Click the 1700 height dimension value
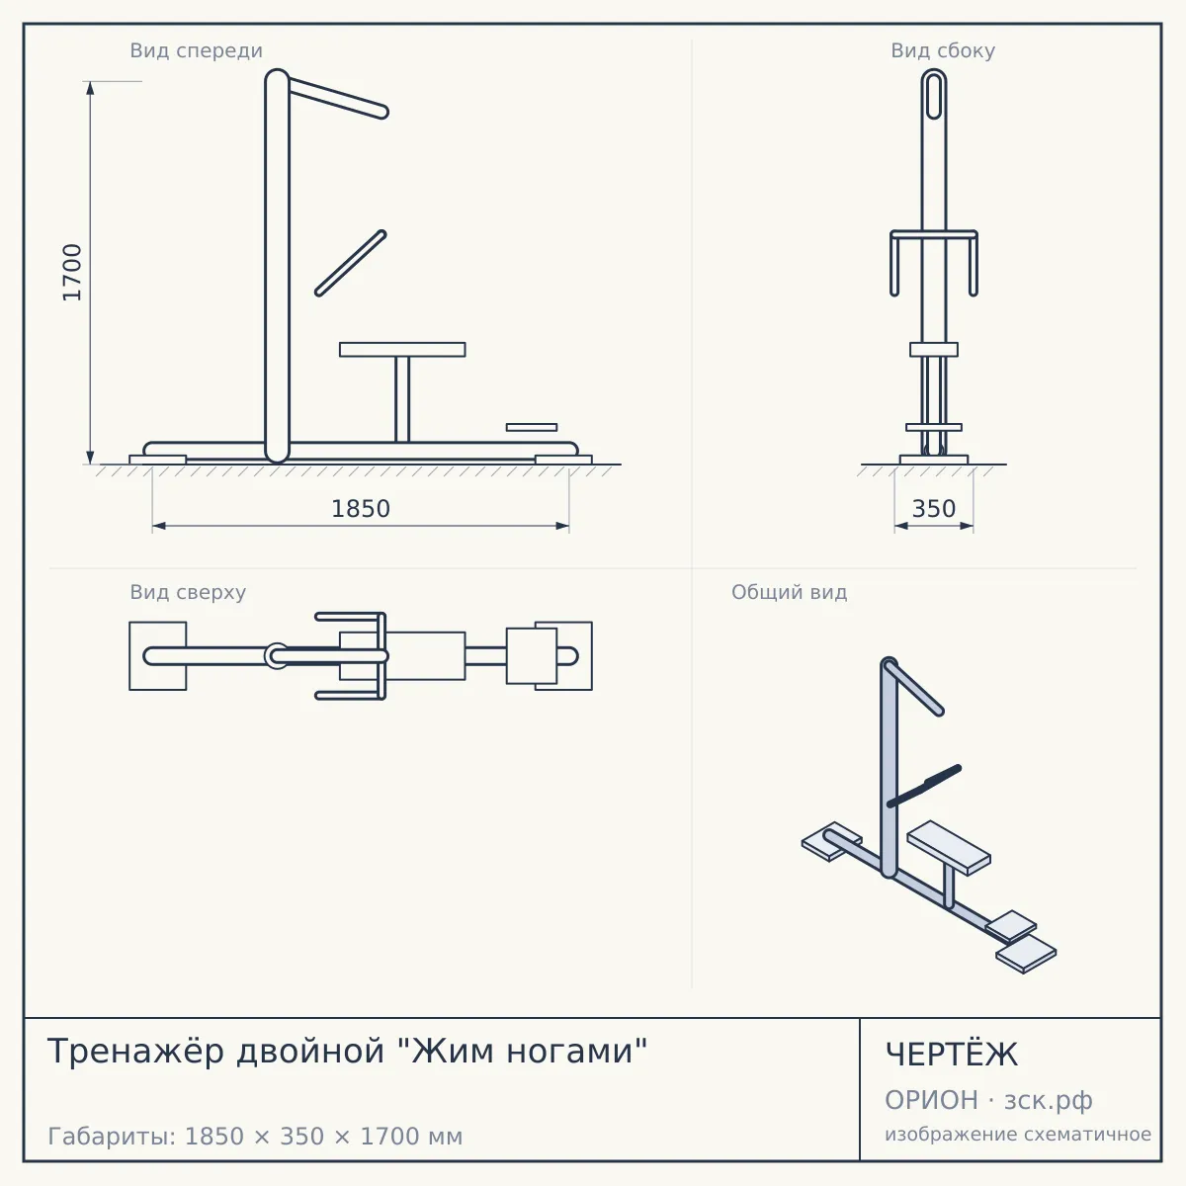pos(72,273)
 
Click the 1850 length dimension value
pos(361,509)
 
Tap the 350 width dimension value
pos(934,509)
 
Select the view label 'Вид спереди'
pos(197,51)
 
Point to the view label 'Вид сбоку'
pos(943,51)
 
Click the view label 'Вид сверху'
pos(188,592)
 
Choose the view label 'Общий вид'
pos(789,592)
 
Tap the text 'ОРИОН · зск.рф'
pos(988,1100)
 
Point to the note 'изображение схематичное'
pos(1018,1134)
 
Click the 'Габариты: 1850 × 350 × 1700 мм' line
pos(255,1137)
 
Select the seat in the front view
pos(402,350)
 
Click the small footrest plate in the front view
pos(532,427)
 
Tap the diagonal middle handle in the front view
pos(351,264)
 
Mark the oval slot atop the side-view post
pos(934,96)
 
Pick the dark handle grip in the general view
pos(942,776)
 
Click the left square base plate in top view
pos(157,656)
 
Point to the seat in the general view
pos(949,847)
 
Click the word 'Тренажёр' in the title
pos(135,1051)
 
